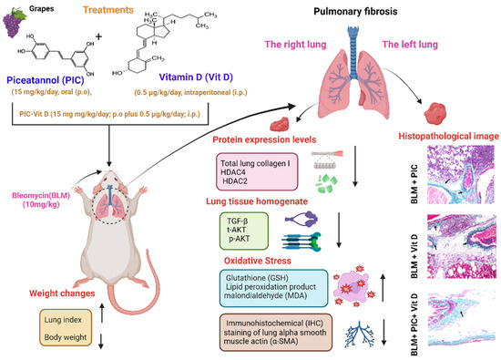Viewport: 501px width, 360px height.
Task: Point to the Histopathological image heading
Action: click(445, 134)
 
